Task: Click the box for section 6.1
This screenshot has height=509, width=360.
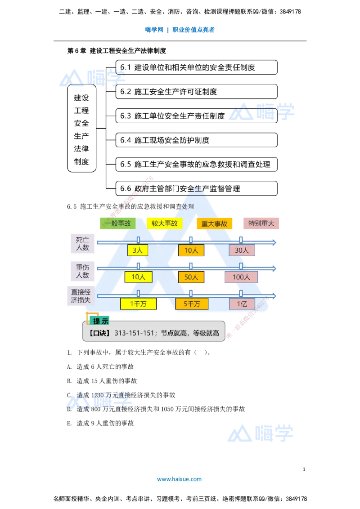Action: tap(197, 67)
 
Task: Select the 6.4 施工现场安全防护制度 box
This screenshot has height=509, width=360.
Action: tap(197, 140)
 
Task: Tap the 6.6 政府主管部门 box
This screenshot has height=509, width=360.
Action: tap(197, 188)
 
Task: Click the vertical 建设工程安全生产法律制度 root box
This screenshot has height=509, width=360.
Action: tap(81, 128)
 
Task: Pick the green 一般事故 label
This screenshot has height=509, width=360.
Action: tap(117, 223)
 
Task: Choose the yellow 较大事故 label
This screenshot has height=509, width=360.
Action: tap(164, 223)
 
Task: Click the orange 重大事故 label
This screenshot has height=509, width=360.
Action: tap(215, 223)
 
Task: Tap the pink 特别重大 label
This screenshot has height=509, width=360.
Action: tap(261, 223)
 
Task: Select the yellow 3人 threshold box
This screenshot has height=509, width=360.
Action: tap(138, 250)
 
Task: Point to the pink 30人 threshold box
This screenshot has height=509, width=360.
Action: tap(242, 250)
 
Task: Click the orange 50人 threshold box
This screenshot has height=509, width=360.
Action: tap(191, 277)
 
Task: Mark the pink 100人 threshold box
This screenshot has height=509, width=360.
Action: tap(241, 277)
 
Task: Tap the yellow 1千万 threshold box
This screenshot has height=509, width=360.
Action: tap(139, 304)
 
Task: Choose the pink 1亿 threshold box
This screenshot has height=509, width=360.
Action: tap(242, 304)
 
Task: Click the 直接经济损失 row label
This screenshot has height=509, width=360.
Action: tap(81, 296)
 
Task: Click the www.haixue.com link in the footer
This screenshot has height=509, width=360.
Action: tap(180, 479)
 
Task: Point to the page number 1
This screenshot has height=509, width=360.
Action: tap(304, 469)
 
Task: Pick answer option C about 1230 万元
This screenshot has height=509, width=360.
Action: tap(121, 395)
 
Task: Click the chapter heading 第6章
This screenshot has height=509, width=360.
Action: tap(76, 51)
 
